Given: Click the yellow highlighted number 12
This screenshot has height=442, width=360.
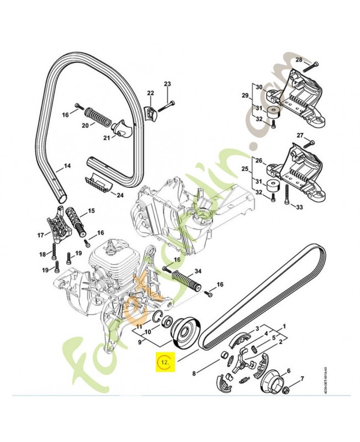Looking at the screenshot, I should (x=163, y=362).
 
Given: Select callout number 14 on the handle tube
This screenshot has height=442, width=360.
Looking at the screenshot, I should (x=67, y=166).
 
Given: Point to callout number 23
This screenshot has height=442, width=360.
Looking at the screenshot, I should (x=167, y=83).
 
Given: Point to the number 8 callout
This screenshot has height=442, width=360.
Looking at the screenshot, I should (x=194, y=375).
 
